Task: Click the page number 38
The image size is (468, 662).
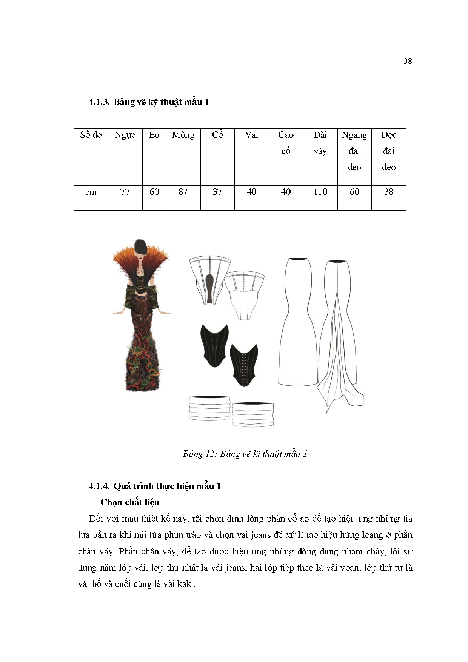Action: (408, 61)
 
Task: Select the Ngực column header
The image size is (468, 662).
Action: (125, 135)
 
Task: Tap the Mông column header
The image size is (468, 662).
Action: (183, 135)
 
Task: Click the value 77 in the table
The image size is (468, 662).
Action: (125, 192)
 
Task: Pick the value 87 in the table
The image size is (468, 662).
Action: (183, 192)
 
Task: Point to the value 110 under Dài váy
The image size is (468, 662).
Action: (320, 192)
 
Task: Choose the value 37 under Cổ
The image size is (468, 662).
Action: (217, 192)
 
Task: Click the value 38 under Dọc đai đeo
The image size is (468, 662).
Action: (389, 192)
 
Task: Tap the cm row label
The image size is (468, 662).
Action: (91, 192)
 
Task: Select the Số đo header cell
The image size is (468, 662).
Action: (91, 135)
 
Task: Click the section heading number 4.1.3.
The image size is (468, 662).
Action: (99, 102)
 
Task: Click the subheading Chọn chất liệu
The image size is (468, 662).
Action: (130, 502)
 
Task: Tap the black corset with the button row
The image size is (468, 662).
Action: (244, 364)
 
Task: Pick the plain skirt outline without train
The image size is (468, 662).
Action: (298, 325)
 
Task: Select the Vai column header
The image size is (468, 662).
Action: (252, 135)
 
